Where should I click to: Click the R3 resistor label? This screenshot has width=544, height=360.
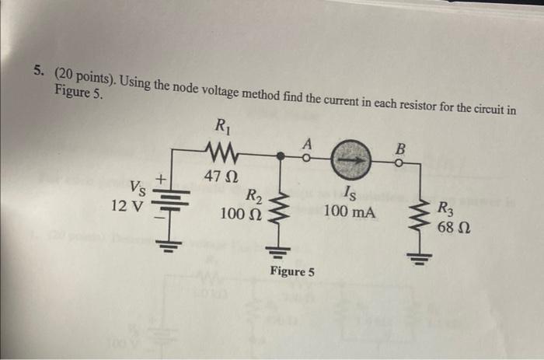pyautogui.click(x=448, y=208)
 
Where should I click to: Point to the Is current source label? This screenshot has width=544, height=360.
pyautogui.click(x=349, y=194)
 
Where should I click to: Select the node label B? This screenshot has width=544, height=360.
pyautogui.click(x=401, y=147)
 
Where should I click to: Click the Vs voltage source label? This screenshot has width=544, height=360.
pyautogui.click(x=136, y=187)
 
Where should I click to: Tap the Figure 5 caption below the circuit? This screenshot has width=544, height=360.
pyautogui.click(x=292, y=271)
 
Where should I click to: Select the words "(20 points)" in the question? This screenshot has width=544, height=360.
pyautogui.click(x=85, y=76)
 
